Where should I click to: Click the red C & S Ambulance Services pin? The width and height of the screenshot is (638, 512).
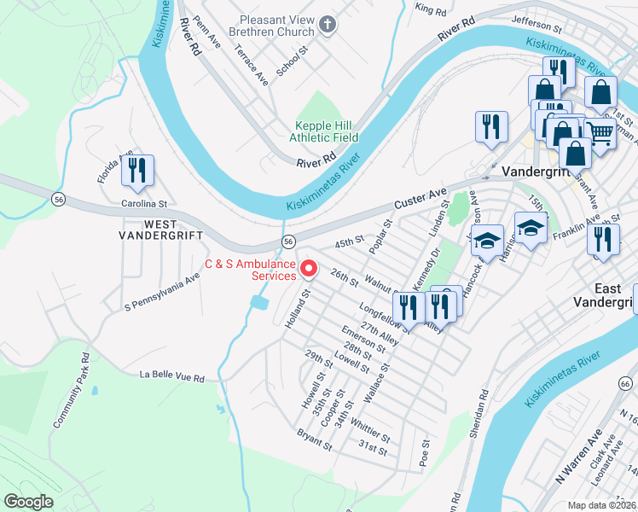(309, 269)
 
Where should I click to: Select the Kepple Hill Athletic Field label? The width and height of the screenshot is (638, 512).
(324, 131)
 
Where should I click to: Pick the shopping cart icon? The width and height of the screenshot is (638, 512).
(600, 133)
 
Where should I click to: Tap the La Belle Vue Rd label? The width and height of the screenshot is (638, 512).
(173, 376)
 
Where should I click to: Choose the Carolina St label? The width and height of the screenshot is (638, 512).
(142, 204)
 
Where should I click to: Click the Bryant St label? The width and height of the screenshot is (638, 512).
(314, 439)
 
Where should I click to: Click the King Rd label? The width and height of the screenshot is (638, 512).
(430, 9)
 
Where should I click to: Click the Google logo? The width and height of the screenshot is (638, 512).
(28, 502)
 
